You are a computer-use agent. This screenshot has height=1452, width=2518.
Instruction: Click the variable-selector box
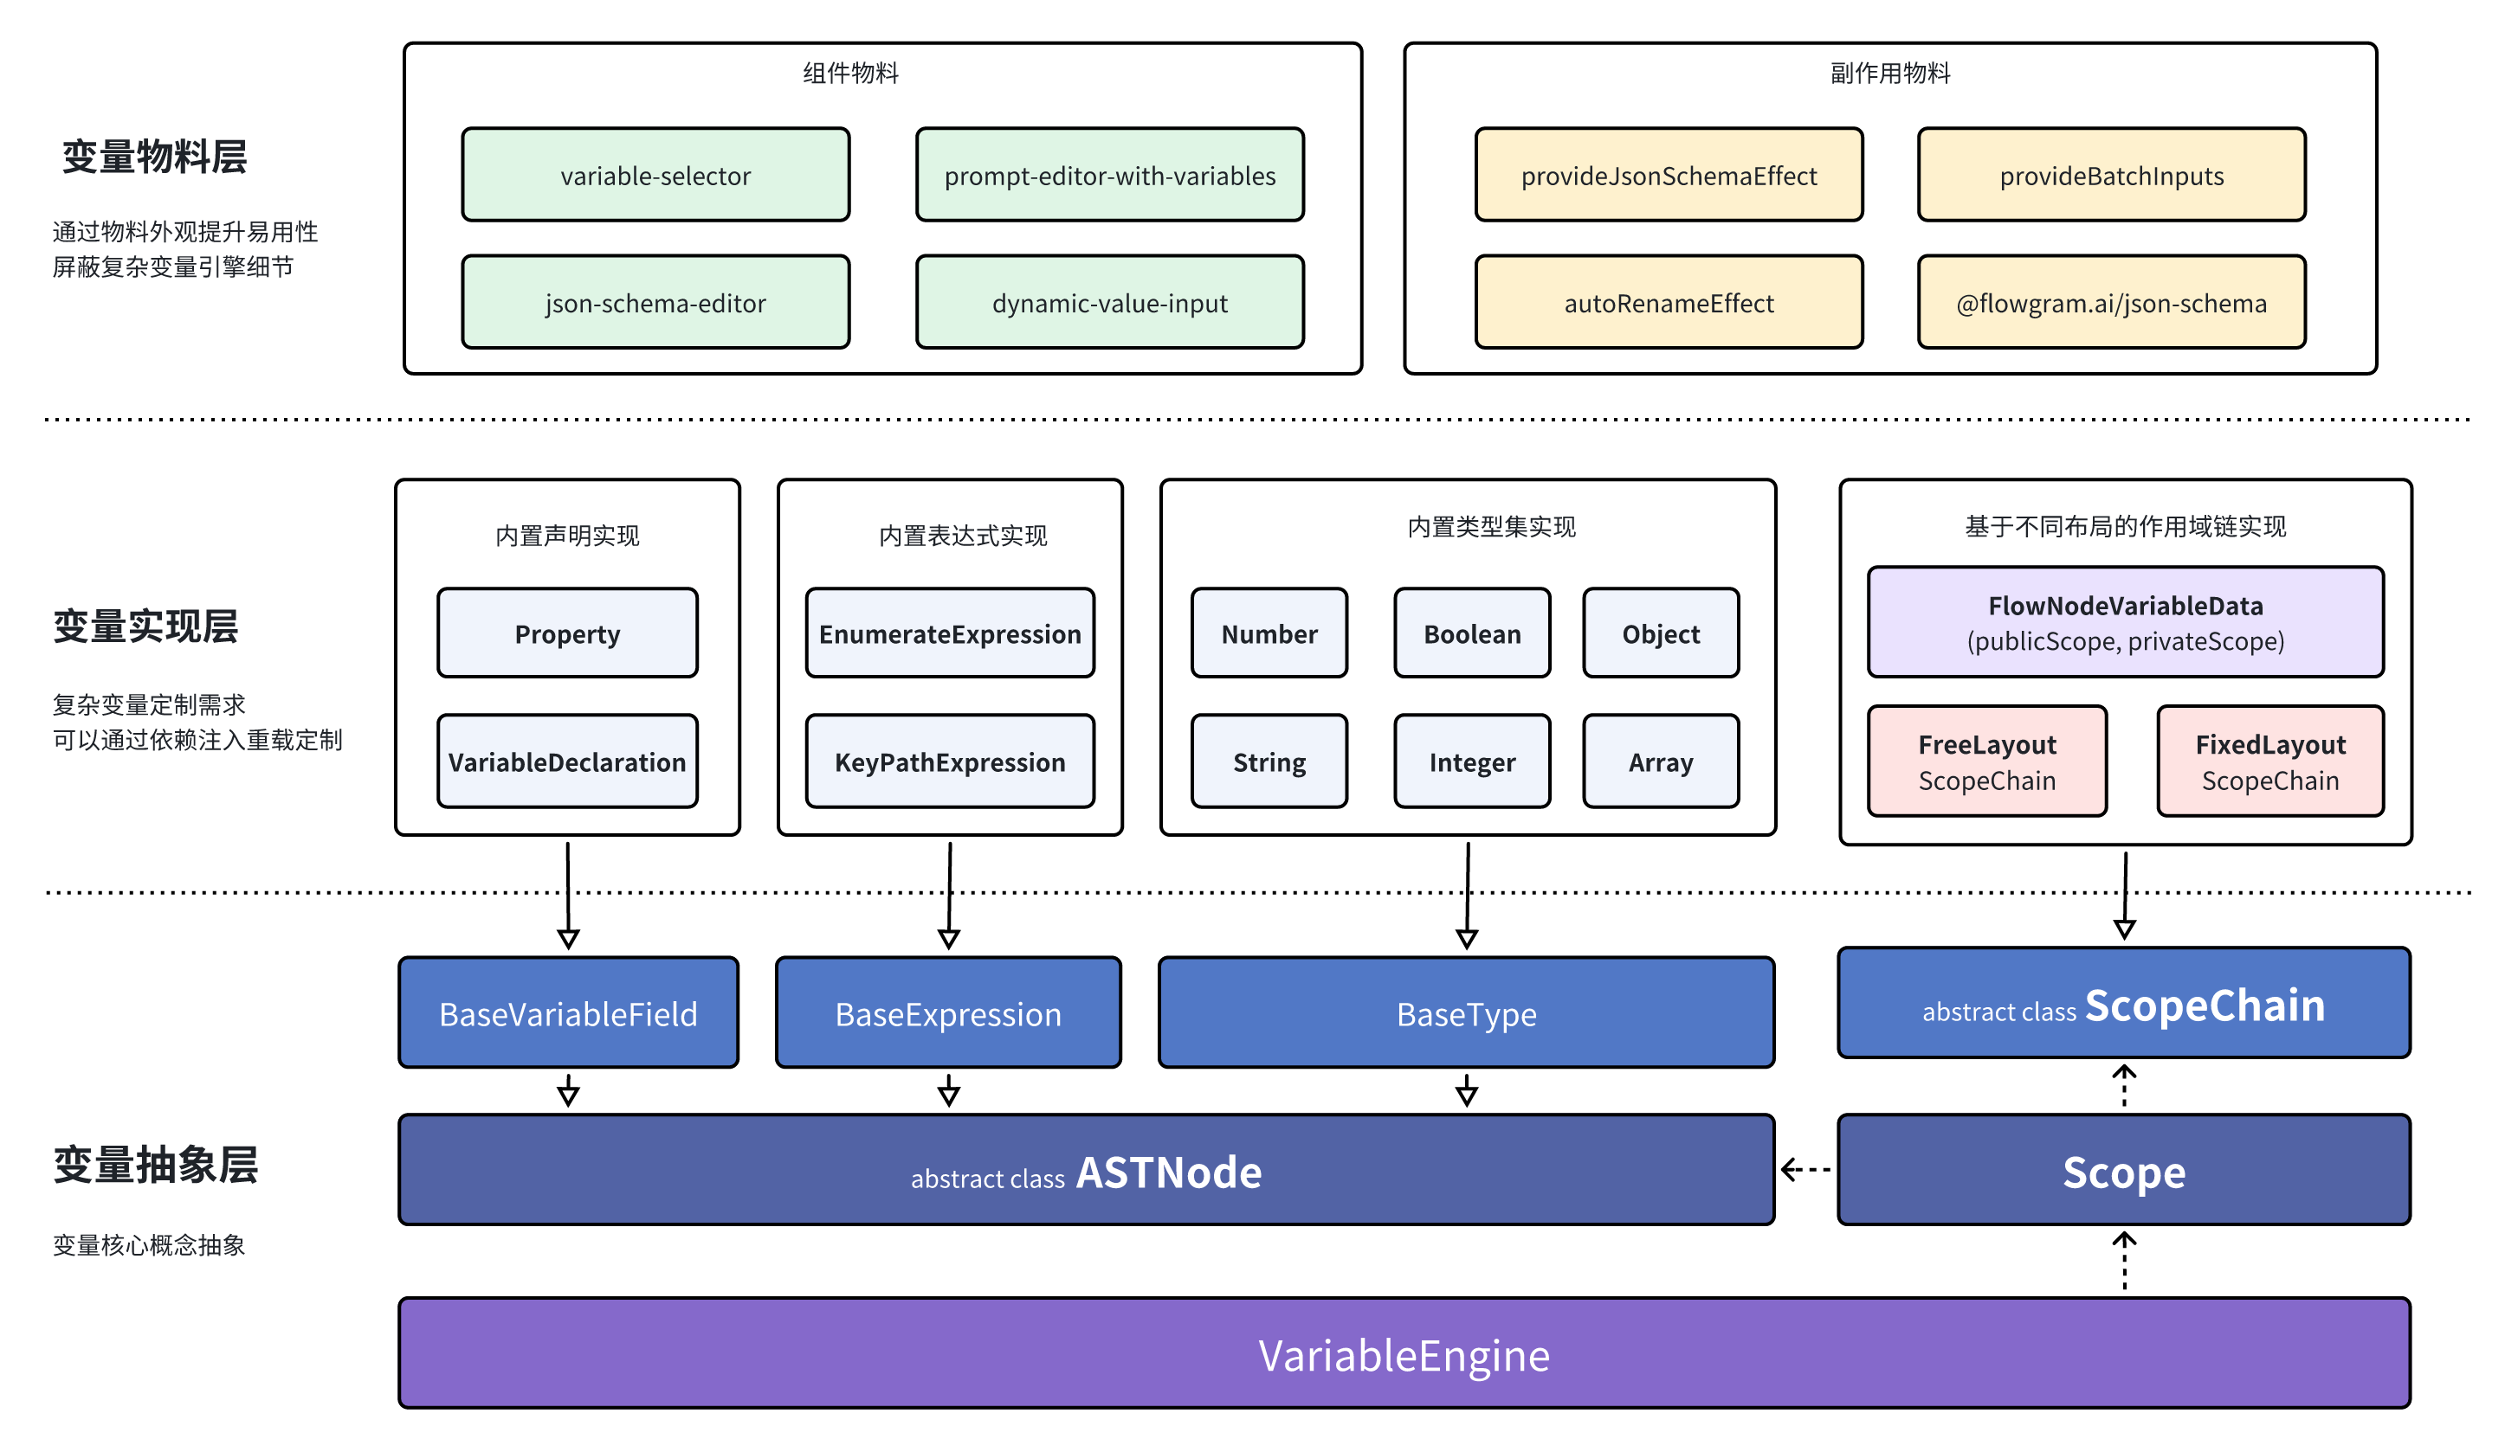(655, 175)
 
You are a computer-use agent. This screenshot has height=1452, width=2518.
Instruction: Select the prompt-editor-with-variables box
(1109, 175)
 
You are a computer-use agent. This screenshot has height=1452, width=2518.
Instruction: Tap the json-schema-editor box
(655, 302)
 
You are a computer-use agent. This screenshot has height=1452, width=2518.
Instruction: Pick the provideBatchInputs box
(2111, 175)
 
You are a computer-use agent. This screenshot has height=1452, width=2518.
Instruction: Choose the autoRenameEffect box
(1668, 302)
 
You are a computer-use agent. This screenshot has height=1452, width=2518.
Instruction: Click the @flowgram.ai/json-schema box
(2111, 302)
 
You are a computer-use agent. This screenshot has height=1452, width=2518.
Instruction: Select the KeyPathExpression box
(950, 761)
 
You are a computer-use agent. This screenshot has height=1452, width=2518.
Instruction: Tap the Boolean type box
(1471, 633)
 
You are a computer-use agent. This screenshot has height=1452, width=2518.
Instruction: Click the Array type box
(1660, 761)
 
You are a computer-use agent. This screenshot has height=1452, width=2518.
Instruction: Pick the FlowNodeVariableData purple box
(2125, 622)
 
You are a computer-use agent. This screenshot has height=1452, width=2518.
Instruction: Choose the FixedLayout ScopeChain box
(2269, 761)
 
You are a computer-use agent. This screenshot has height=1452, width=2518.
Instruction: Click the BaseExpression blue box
(948, 1012)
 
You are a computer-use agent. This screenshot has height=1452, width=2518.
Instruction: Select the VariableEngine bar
(1404, 1353)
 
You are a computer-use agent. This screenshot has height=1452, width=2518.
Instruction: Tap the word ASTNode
(1168, 1172)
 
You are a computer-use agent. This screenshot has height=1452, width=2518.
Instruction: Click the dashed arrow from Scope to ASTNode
(1805, 1169)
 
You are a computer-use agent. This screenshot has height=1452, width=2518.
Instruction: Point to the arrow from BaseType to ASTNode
(1465, 1090)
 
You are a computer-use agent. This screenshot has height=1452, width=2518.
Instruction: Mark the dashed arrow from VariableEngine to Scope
(2124, 1261)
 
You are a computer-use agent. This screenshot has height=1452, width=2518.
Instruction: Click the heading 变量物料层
(155, 157)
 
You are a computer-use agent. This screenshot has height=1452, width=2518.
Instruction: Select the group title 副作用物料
(1889, 73)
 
